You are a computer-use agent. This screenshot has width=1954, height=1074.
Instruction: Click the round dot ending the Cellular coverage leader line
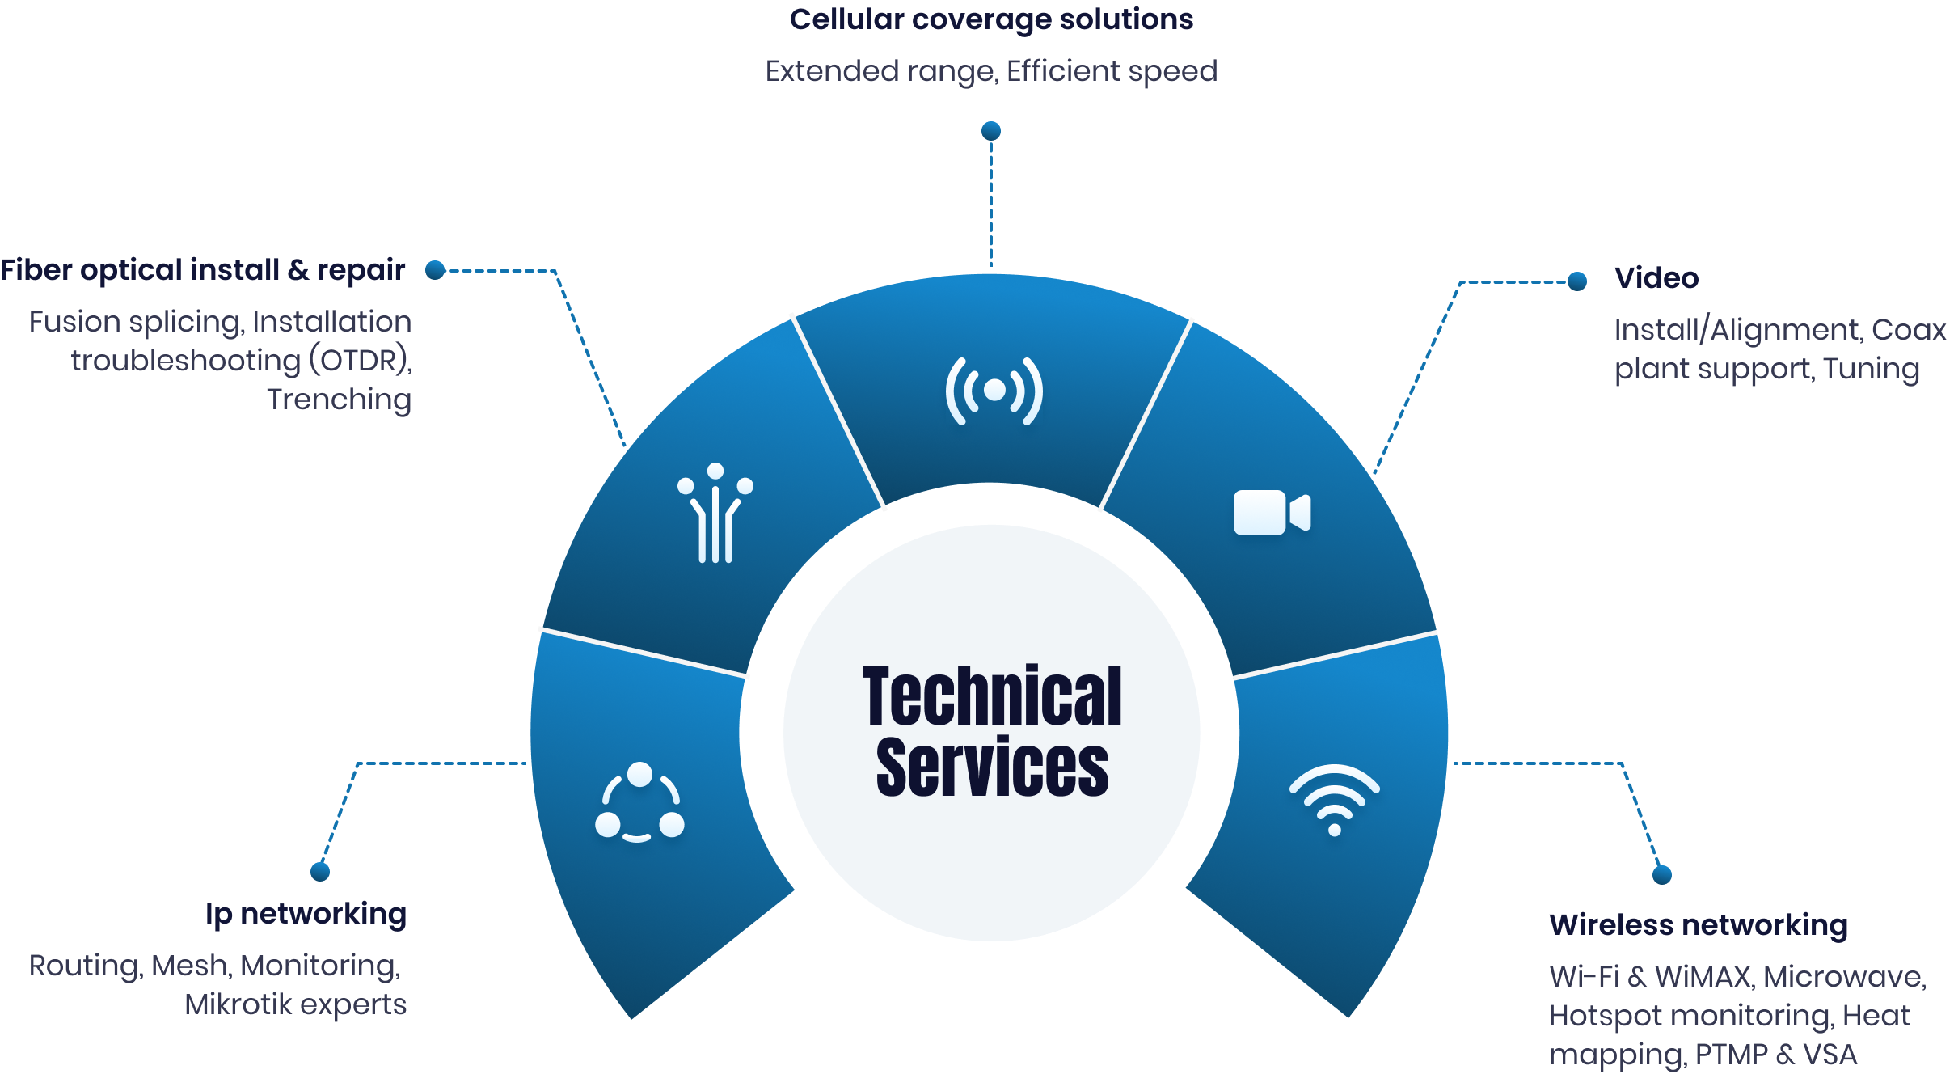(x=991, y=131)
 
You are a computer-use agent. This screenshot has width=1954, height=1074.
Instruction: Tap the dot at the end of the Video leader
(x=1577, y=281)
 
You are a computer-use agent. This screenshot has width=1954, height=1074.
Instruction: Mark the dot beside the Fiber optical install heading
(x=436, y=270)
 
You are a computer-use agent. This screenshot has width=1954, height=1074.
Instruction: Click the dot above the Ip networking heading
(x=320, y=872)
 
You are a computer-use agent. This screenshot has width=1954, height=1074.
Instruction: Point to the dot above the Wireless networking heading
(x=1662, y=875)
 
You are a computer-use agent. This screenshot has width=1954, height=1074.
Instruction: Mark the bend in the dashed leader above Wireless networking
(x=1622, y=763)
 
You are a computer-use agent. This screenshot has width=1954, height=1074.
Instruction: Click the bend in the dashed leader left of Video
(x=1461, y=282)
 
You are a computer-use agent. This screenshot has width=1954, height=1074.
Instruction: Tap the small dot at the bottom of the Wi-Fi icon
(x=1335, y=830)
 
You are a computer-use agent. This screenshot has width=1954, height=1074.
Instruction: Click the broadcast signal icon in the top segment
(x=994, y=391)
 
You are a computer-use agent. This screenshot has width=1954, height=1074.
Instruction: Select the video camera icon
(x=1272, y=513)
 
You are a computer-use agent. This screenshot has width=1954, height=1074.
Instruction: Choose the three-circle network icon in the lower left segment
(x=639, y=802)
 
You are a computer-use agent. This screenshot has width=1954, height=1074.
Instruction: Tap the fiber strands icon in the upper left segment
(x=715, y=513)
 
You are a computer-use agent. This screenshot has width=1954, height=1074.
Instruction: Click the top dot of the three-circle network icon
(x=639, y=775)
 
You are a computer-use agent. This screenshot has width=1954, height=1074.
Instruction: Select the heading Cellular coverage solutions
(x=991, y=19)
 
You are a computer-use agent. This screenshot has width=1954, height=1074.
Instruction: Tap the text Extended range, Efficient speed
(x=991, y=72)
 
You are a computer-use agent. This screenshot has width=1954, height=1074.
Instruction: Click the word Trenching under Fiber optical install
(x=340, y=400)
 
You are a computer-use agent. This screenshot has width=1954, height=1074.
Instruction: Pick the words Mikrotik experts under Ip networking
(x=296, y=1005)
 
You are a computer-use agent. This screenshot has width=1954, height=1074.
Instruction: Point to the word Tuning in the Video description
(x=1871, y=370)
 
